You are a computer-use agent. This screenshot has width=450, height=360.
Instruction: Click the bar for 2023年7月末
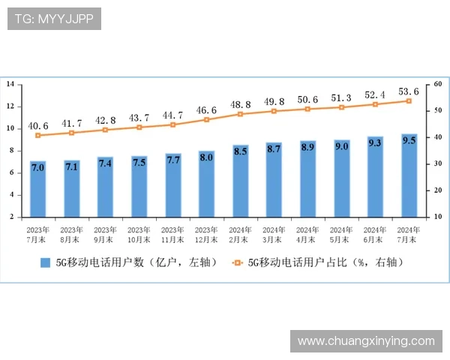[x=38, y=188]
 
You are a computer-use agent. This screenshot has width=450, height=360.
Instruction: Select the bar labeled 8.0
[x=207, y=184]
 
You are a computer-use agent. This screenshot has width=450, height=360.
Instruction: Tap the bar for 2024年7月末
[x=409, y=175]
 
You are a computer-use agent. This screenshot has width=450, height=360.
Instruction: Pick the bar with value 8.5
[x=241, y=181]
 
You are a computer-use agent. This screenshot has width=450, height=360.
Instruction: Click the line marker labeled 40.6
[x=38, y=135]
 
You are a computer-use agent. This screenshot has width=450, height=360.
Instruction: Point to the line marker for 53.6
[x=409, y=100]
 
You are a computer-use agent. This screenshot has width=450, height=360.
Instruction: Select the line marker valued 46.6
[x=207, y=119]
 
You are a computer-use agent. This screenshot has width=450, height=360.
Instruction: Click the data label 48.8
[x=241, y=104]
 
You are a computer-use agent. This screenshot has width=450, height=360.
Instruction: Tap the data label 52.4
[x=376, y=94]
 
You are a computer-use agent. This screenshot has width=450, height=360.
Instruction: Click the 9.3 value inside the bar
[x=376, y=142]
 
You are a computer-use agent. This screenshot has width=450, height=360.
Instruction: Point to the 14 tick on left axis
[x=10, y=85]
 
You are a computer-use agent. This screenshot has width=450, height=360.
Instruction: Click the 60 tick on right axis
[x=439, y=85]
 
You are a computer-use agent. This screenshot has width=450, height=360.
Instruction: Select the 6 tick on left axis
[x=11, y=172]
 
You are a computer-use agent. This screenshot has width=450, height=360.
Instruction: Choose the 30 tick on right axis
[x=439, y=163]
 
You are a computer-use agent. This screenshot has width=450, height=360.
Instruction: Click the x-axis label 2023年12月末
[x=207, y=234]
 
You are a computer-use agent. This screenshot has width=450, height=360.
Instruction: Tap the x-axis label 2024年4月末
[x=308, y=234]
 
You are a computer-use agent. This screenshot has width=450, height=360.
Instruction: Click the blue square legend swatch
[x=44, y=262]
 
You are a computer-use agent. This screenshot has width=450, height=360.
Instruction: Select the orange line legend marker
[x=238, y=262]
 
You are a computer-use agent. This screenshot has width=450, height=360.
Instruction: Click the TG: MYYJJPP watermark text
[x=54, y=19]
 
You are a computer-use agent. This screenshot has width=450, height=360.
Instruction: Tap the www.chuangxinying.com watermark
[x=366, y=341]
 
